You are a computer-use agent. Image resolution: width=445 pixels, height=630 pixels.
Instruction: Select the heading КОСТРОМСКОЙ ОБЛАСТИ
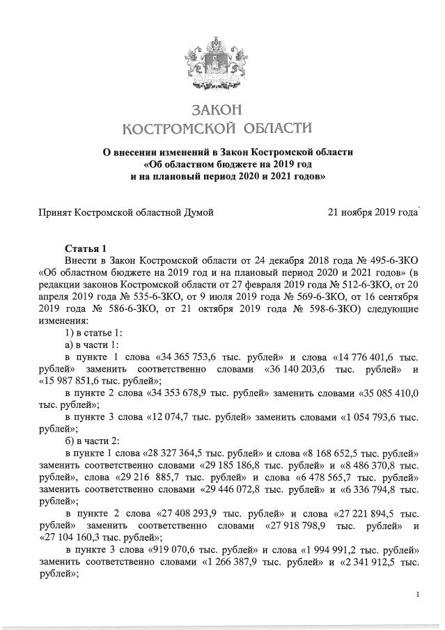[x=217, y=128]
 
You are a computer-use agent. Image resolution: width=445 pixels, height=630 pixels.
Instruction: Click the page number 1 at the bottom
[x=416, y=594]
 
